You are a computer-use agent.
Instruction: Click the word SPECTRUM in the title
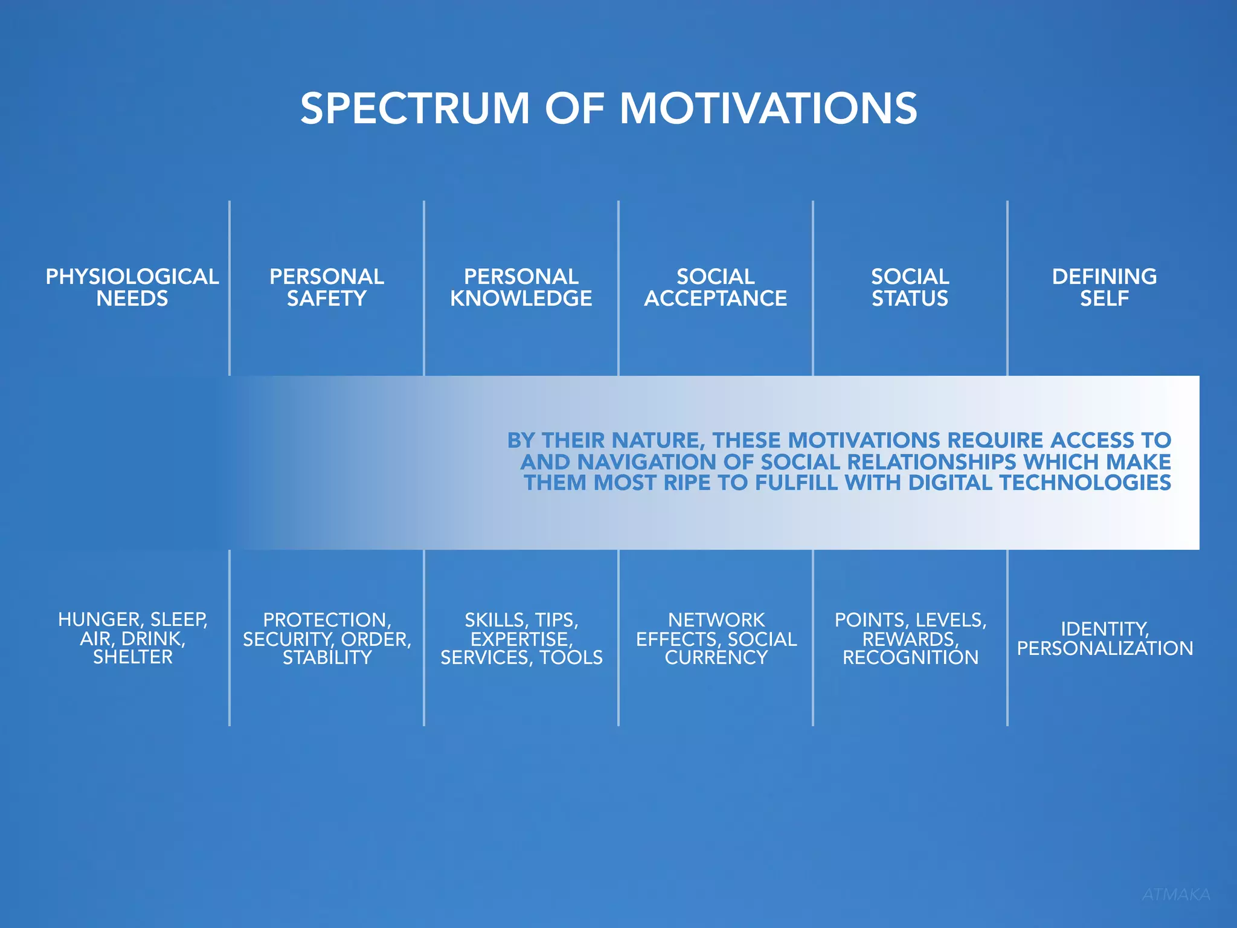tap(415, 109)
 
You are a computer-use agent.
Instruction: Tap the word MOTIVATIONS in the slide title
tap(768, 109)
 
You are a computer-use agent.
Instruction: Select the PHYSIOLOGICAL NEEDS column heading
tap(132, 288)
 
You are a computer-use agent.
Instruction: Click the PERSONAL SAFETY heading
tap(327, 288)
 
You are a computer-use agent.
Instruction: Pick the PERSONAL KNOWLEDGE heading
tap(521, 288)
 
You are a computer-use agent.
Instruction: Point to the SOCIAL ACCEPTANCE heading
tap(715, 288)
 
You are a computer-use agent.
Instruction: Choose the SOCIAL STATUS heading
tap(910, 288)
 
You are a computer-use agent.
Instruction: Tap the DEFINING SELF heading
tap(1104, 288)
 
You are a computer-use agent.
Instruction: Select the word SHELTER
tap(133, 657)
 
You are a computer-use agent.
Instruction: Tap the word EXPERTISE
tap(521, 639)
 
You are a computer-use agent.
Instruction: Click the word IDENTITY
tap(1104, 630)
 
